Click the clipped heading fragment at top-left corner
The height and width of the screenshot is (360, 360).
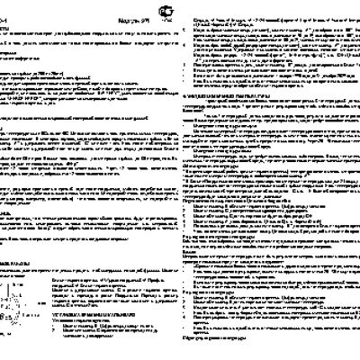4,9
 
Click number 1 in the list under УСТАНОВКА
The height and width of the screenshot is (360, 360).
66,325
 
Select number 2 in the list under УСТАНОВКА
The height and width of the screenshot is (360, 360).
66,331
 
